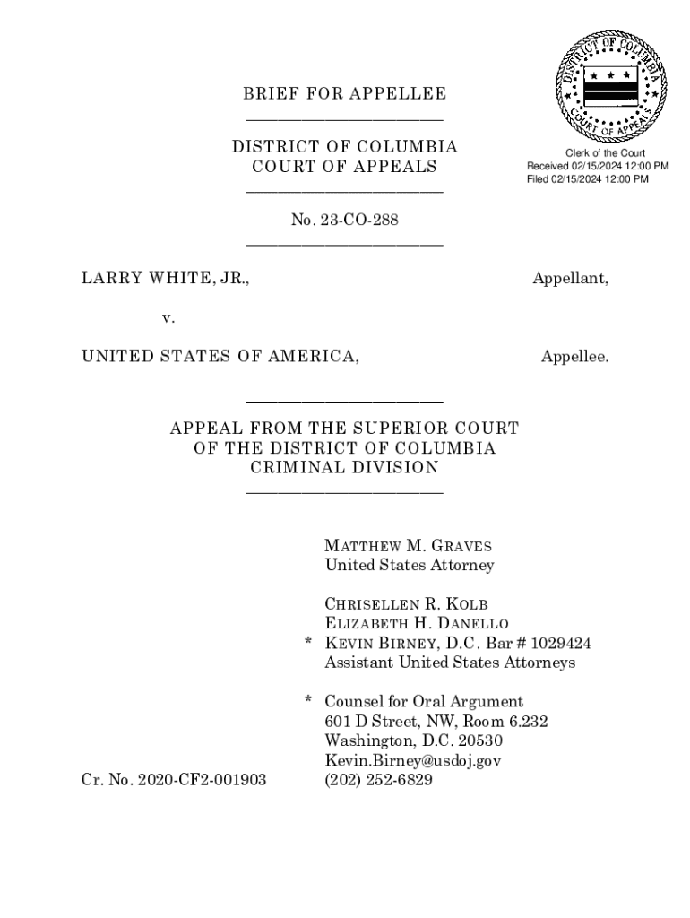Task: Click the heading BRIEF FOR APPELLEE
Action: click(344, 94)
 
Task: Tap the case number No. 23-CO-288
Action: click(344, 220)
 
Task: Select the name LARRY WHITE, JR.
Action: click(166, 279)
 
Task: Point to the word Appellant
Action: click(570, 279)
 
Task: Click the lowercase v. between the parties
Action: click(168, 317)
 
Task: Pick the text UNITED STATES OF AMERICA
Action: click(221, 357)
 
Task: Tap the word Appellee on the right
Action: click(574, 357)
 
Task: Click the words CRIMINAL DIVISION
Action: click(344, 467)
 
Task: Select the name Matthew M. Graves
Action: click(408, 546)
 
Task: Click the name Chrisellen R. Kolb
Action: click(406, 604)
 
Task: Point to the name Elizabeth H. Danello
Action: click(417, 624)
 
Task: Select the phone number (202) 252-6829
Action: click(378, 780)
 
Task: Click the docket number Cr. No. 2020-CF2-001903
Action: click(174, 780)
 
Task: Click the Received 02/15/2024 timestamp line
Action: click(597, 166)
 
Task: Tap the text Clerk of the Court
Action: click(599, 153)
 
